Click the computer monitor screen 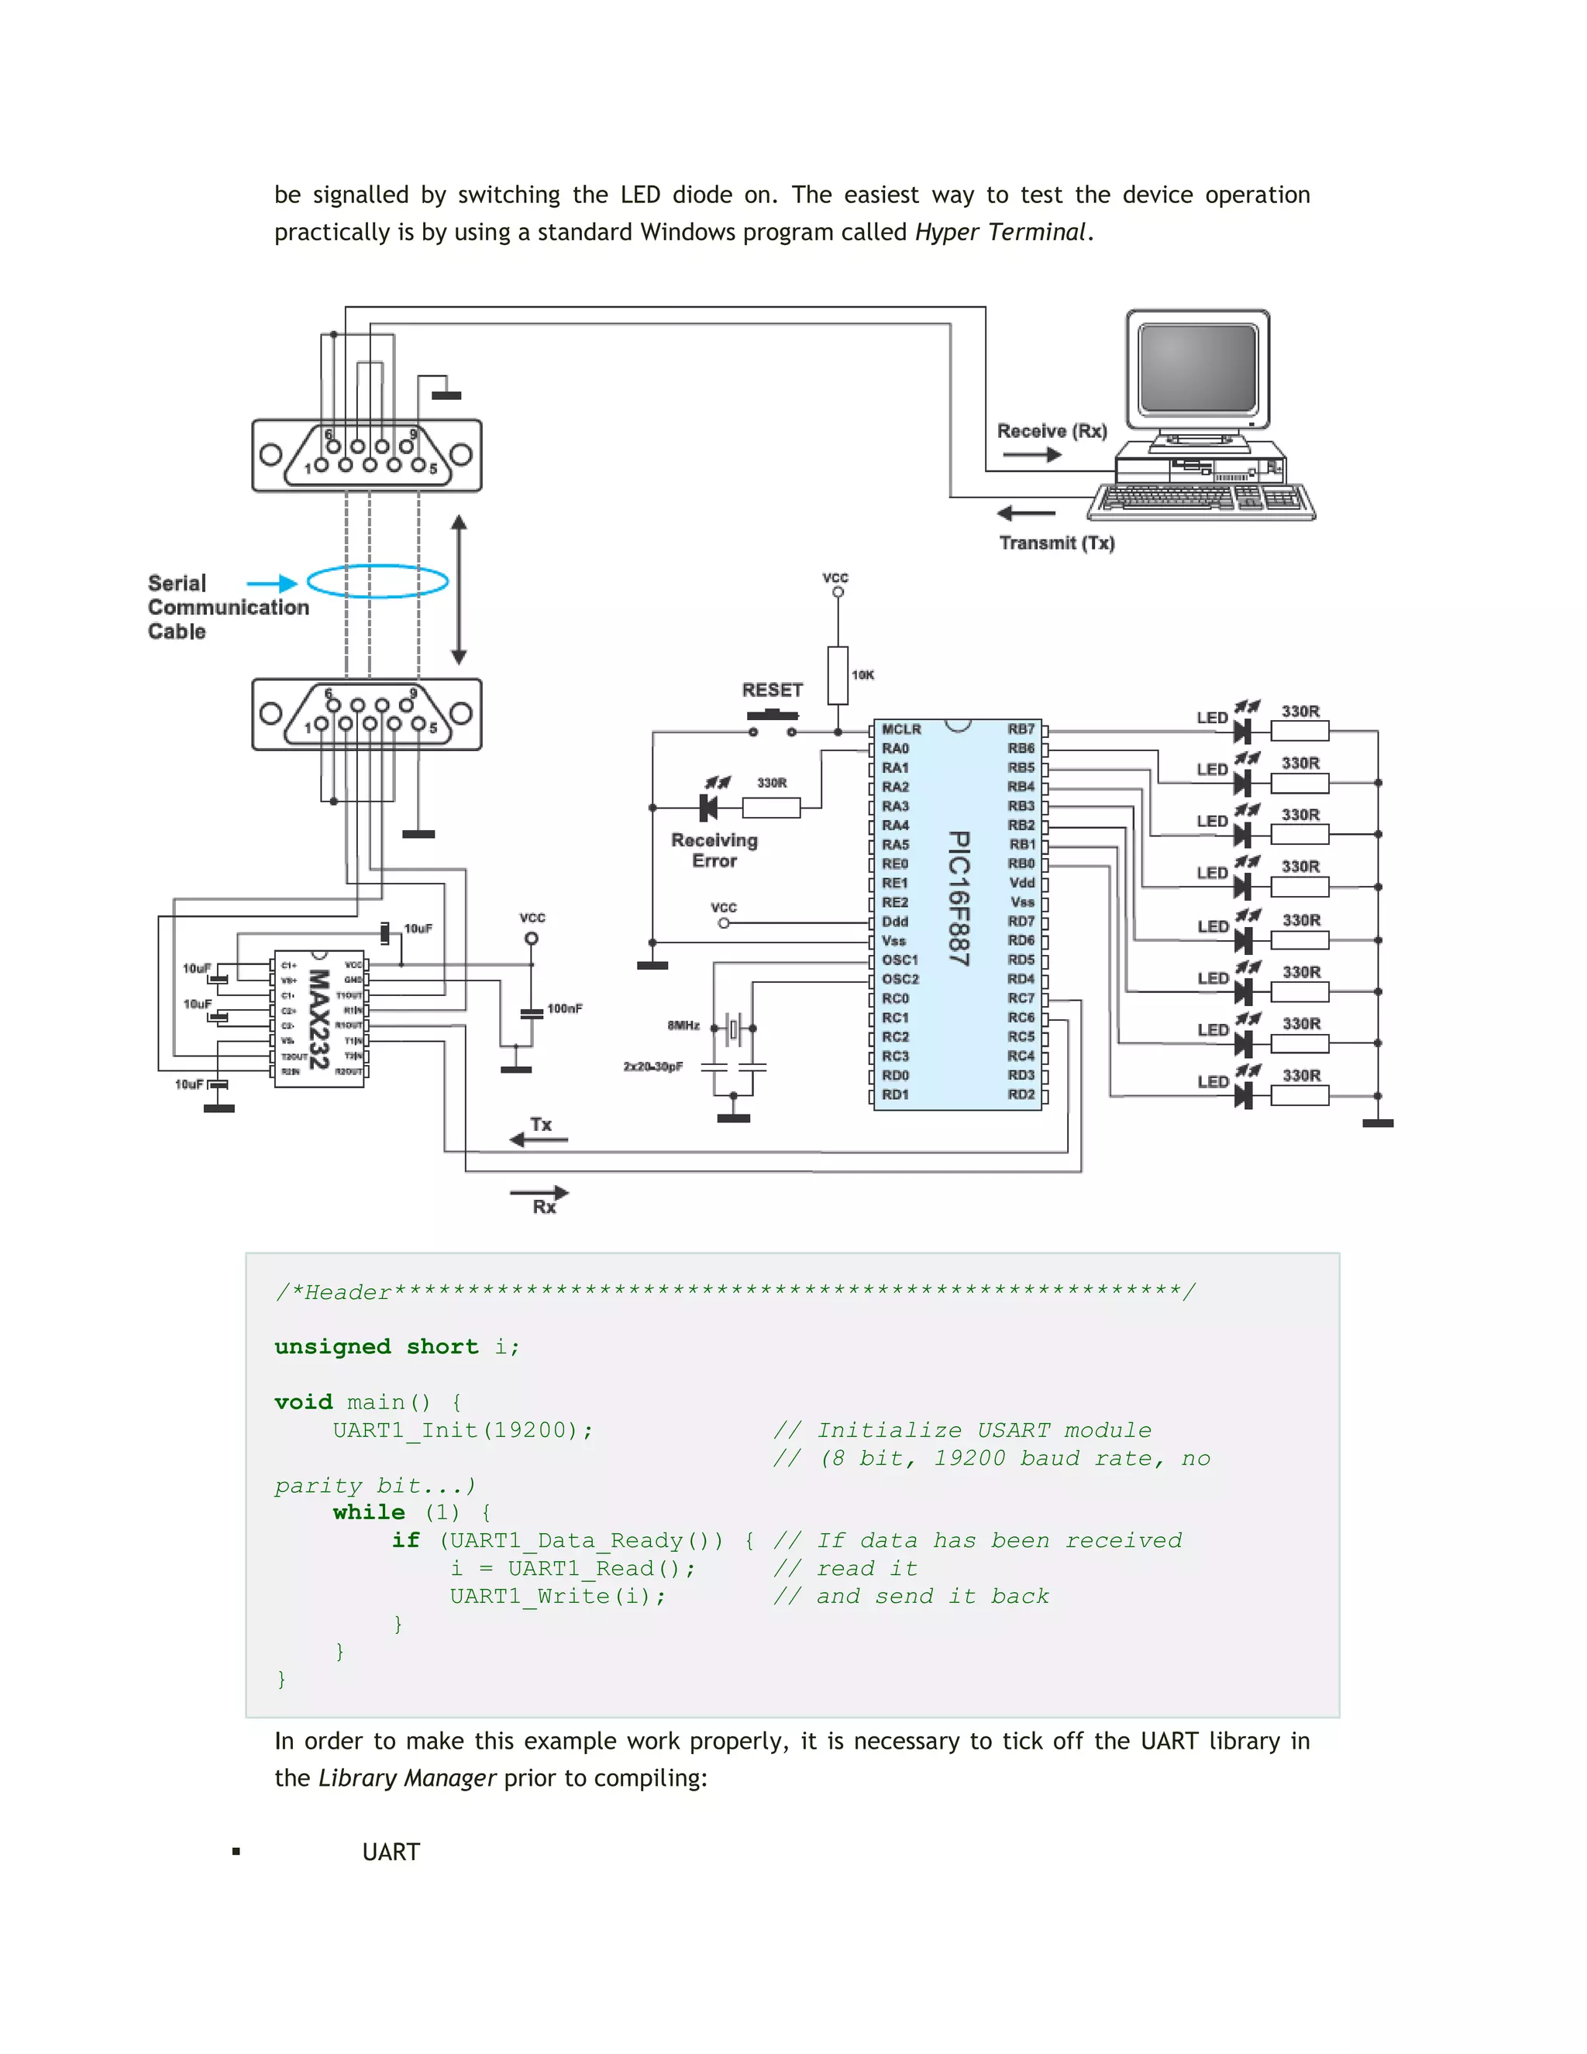point(1196,367)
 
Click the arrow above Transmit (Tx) point(1026,513)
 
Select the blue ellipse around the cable point(378,581)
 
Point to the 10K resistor point(838,674)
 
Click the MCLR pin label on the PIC point(900,729)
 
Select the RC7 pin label point(1021,998)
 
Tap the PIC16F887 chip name point(957,898)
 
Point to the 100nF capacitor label point(565,1008)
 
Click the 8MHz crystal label point(683,1025)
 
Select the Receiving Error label point(714,850)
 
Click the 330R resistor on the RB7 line point(1300,731)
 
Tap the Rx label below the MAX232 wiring point(544,1207)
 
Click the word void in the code point(303,1401)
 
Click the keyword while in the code point(369,1511)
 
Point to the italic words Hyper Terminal point(1000,233)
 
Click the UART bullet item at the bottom point(391,1852)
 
